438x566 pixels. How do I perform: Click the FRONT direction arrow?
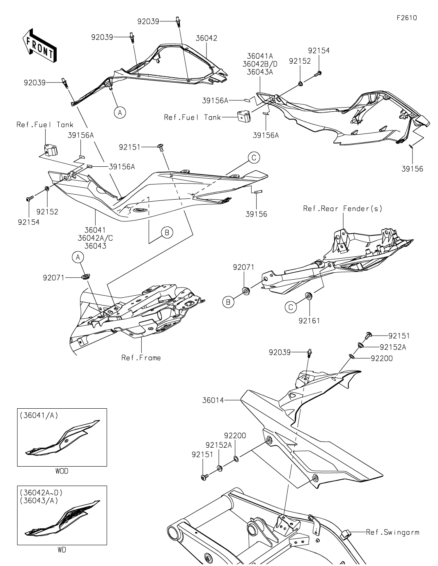point(39,45)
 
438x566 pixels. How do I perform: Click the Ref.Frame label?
point(141,358)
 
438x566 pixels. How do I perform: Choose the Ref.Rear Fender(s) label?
point(342,209)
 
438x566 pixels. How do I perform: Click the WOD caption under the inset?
point(62,472)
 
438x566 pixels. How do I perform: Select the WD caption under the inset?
point(61,550)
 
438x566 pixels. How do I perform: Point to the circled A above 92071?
point(78,258)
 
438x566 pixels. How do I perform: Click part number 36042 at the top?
point(206,38)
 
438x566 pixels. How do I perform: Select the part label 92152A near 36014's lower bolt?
point(219,445)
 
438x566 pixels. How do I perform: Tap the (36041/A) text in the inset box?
point(39,416)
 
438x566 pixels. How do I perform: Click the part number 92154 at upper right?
point(319,51)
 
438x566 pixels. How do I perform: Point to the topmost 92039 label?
point(148,21)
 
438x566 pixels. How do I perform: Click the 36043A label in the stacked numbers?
point(260,72)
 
